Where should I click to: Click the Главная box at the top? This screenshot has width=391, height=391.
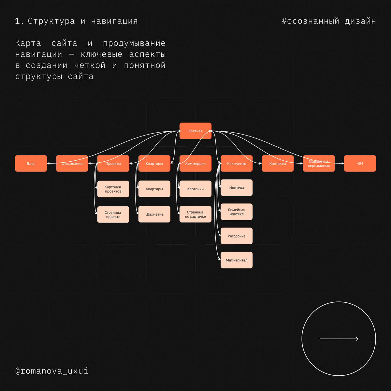[195, 131]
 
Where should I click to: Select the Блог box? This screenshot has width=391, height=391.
[31, 163]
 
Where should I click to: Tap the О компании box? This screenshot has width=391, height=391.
[72, 163]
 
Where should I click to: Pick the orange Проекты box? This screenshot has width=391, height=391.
[113, 163]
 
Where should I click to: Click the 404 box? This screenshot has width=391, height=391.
[360, 163]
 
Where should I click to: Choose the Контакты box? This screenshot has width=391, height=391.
[278, 163]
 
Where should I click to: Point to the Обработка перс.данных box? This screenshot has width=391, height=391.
[319, 163]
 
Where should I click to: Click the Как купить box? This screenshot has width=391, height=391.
[237, 163]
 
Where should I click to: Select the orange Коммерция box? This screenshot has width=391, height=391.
[195, 163]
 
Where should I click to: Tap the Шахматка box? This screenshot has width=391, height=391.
[154, 214]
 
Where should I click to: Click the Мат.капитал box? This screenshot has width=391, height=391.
[237, 260]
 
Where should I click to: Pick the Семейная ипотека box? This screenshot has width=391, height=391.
[237, 212]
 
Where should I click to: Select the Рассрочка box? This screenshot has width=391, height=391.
[237, 236]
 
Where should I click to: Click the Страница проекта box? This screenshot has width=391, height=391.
[113, 214]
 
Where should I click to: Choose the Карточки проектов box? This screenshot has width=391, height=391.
[113, 189]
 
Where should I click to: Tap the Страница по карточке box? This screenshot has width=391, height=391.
[195, 214]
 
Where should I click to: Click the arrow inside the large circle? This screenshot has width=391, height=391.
[339, 339]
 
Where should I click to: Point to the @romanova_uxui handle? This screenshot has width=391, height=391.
[52, 371]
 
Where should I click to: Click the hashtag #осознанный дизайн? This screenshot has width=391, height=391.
[328, 21]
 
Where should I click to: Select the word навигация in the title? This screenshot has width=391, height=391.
[114, 21]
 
